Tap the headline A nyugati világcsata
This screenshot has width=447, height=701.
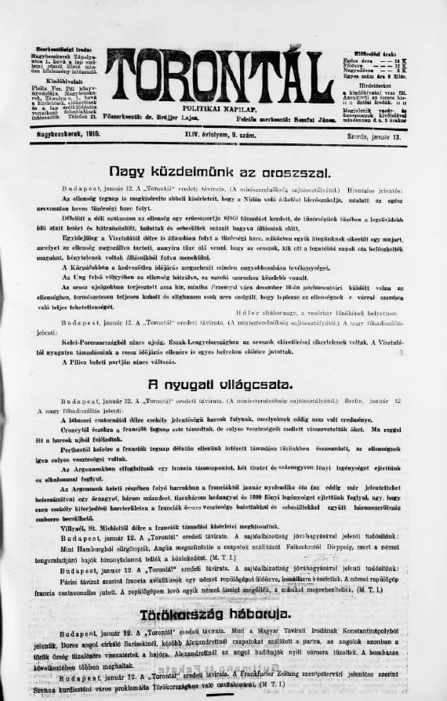[223, 384]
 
